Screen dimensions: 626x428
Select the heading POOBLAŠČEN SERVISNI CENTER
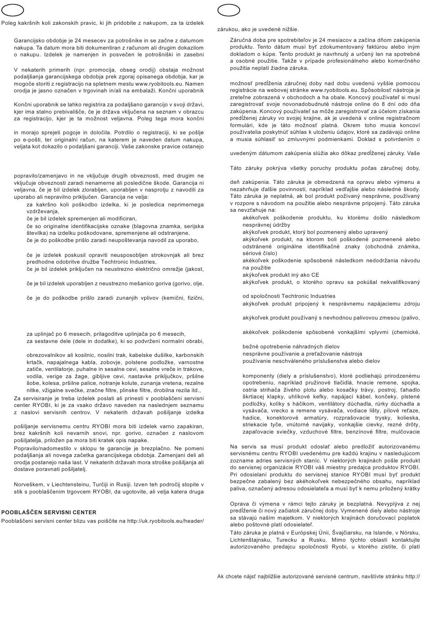(49, 512)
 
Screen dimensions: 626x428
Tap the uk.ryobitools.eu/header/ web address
(165, 521)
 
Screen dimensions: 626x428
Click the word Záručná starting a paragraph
(241, 40)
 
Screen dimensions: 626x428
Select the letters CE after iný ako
(314, 274)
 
